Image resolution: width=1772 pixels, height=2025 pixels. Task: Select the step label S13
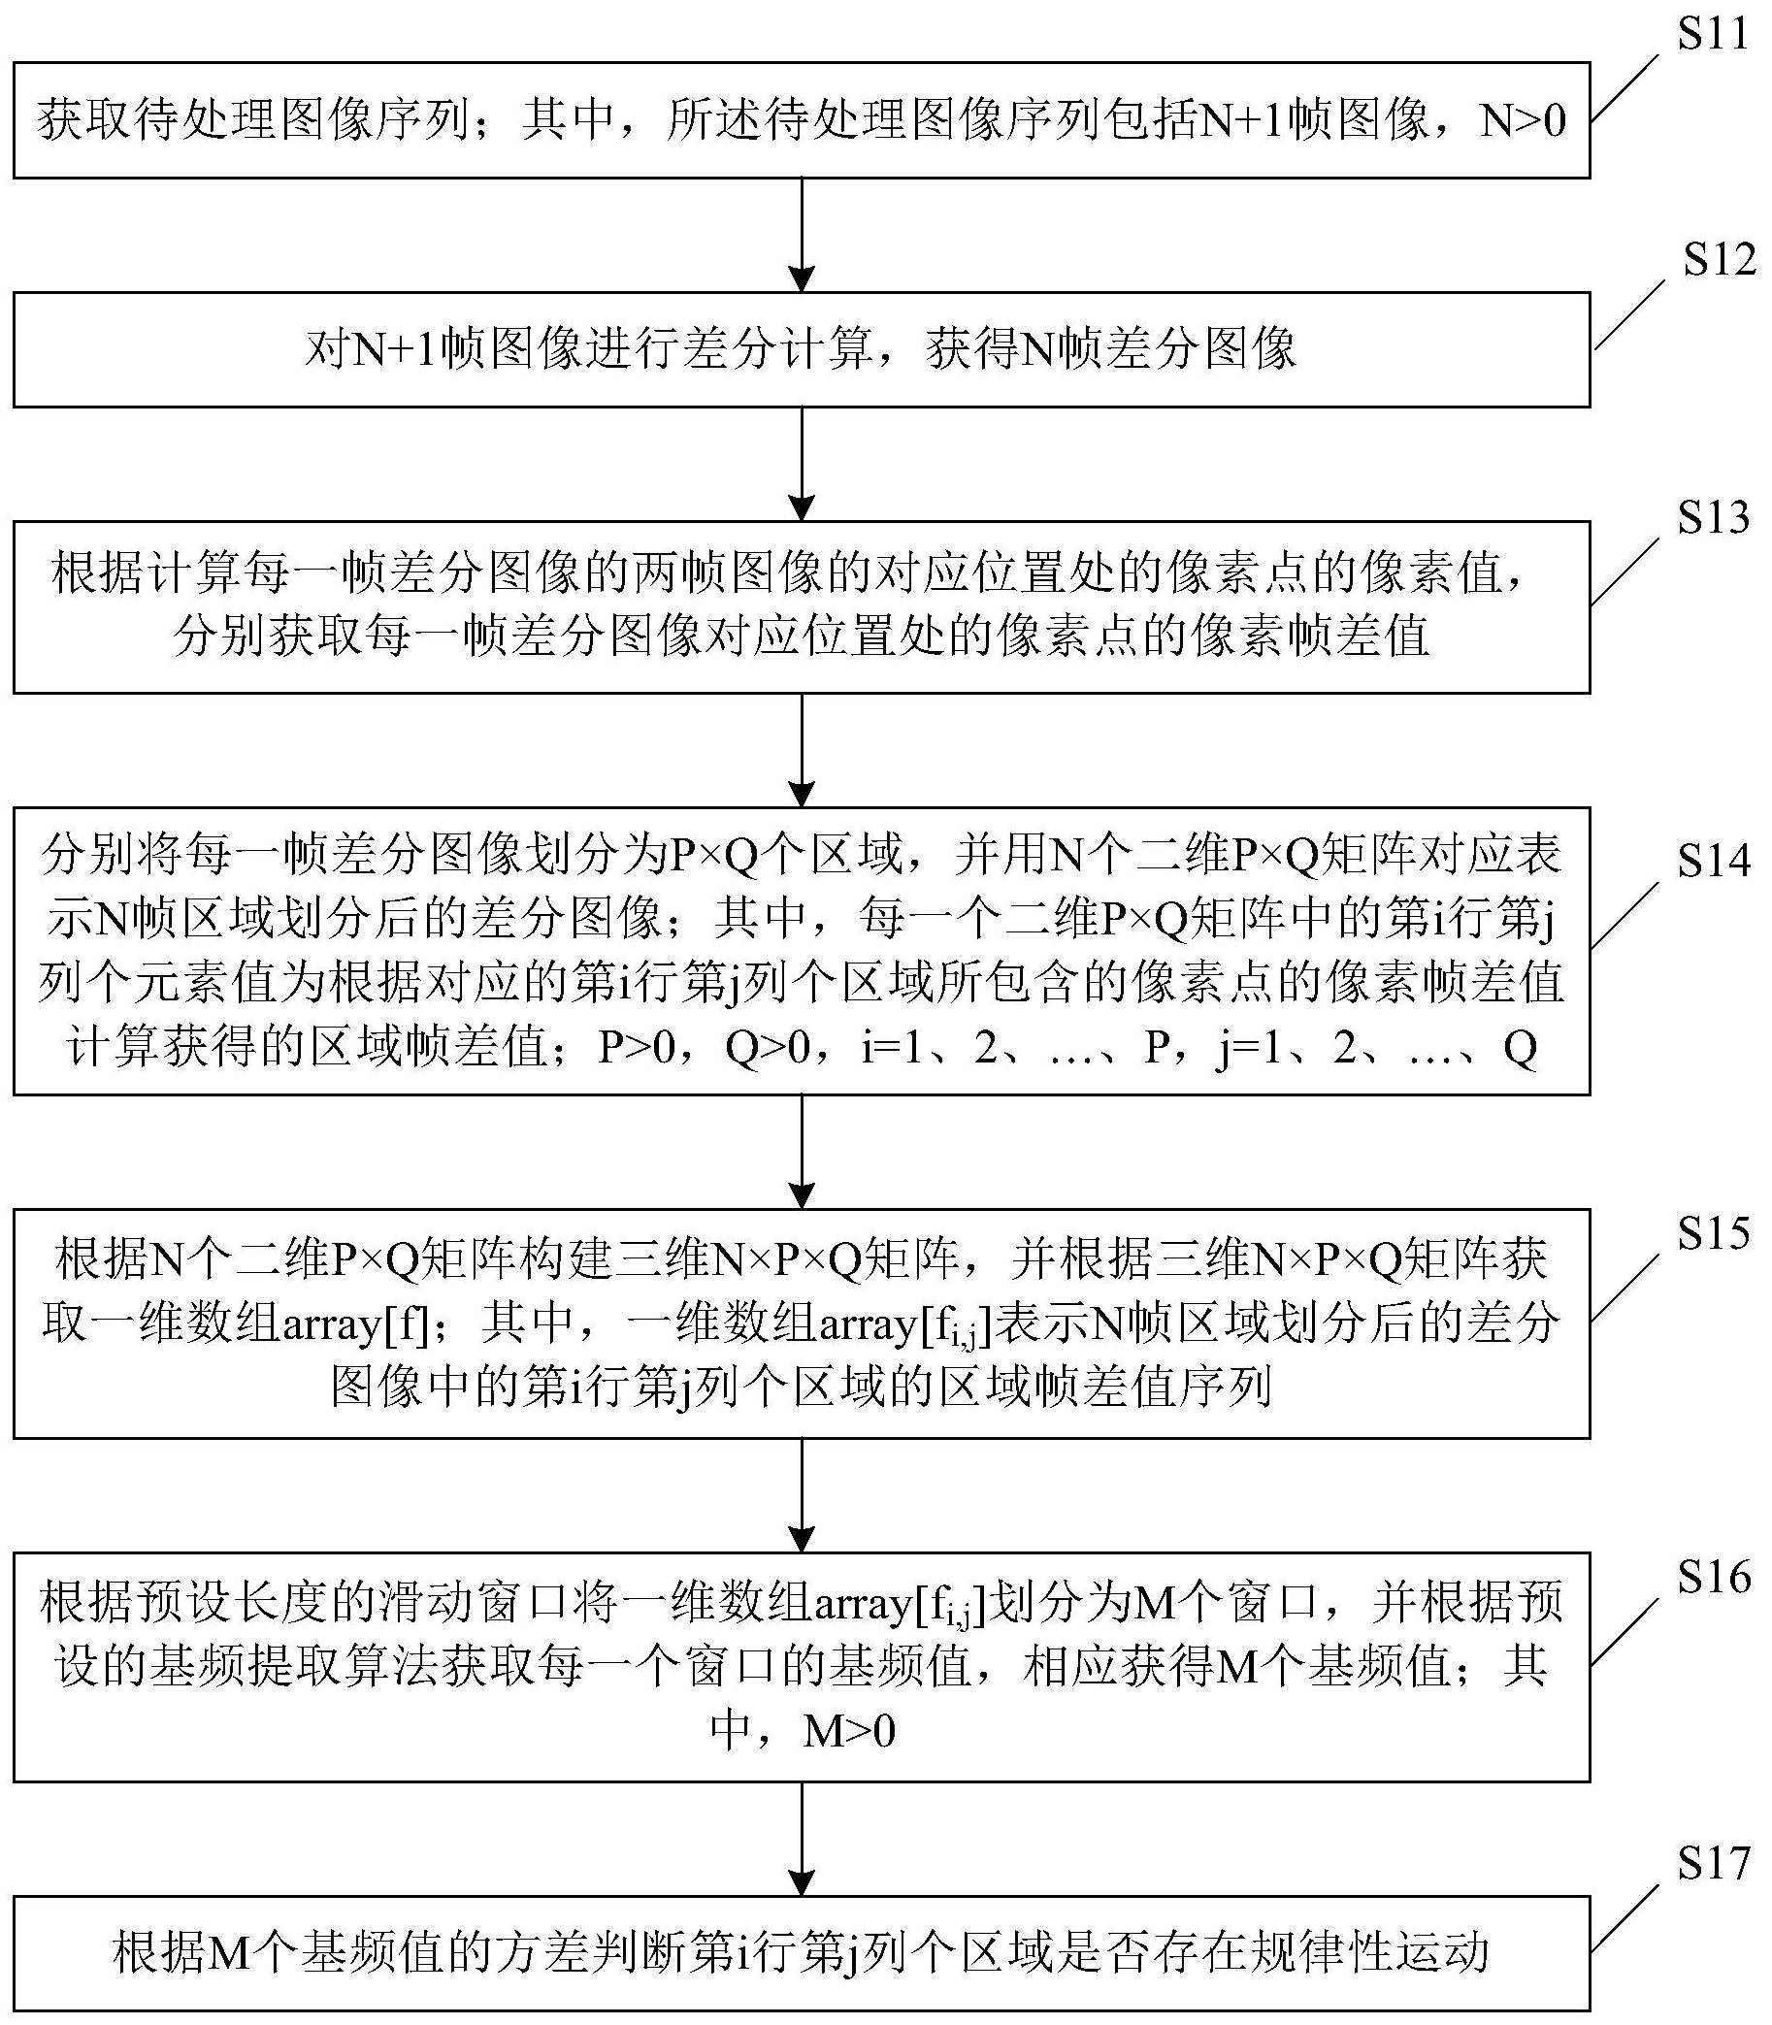[1714, 517]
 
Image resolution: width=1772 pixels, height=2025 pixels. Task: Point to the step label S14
[1714, 862]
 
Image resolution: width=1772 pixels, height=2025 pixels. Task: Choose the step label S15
[1714, 1233]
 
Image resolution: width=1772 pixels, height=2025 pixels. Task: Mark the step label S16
[1714, 1577]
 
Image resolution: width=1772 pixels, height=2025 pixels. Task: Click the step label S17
[1714, 1864]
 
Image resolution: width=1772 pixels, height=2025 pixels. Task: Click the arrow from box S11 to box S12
[802, 236]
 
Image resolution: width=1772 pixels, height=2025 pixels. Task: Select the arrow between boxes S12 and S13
[802, 465]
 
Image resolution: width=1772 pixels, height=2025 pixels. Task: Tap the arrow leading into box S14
[802, 750]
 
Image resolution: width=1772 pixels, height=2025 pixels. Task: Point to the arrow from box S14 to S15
[802, 1152]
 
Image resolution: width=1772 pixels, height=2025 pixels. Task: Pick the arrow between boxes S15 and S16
[802, 1495]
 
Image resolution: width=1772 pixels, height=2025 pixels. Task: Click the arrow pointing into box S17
[802, 1839]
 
